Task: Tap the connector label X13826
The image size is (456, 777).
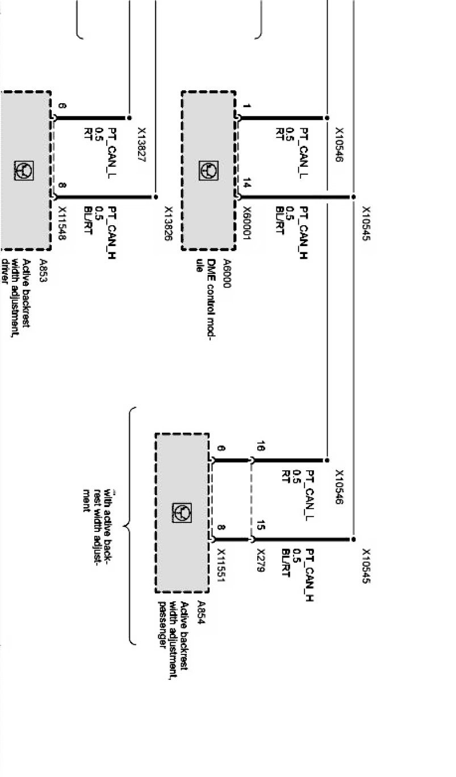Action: (168, 224)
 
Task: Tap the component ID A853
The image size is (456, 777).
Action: (43, 271)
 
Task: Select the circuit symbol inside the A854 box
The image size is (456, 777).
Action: (181, 513)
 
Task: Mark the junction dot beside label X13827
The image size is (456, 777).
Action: (130, 119)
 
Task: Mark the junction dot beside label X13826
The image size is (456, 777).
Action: (156, 197)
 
